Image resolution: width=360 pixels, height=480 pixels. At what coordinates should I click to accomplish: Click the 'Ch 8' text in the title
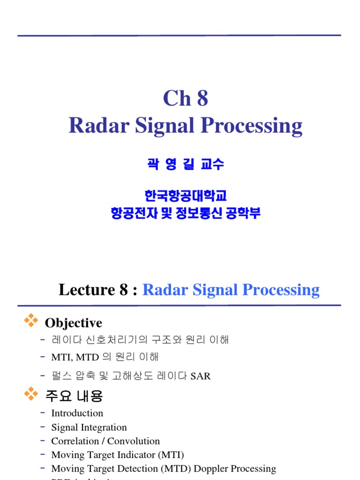tap(186, 98)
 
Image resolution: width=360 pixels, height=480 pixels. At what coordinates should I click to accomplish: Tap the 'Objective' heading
tap(73, 323)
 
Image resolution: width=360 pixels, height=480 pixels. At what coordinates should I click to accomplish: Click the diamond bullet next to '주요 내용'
tap(31, 394)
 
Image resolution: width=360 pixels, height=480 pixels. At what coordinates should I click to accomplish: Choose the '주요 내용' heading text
tap(74, 397)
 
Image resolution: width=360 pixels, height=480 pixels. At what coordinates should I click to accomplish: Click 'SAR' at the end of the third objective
tap(201, 376)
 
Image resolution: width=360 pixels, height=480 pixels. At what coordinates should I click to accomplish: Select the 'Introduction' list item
tap(77, 413)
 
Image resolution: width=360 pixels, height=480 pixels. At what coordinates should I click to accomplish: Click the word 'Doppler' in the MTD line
tap(203, 468)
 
